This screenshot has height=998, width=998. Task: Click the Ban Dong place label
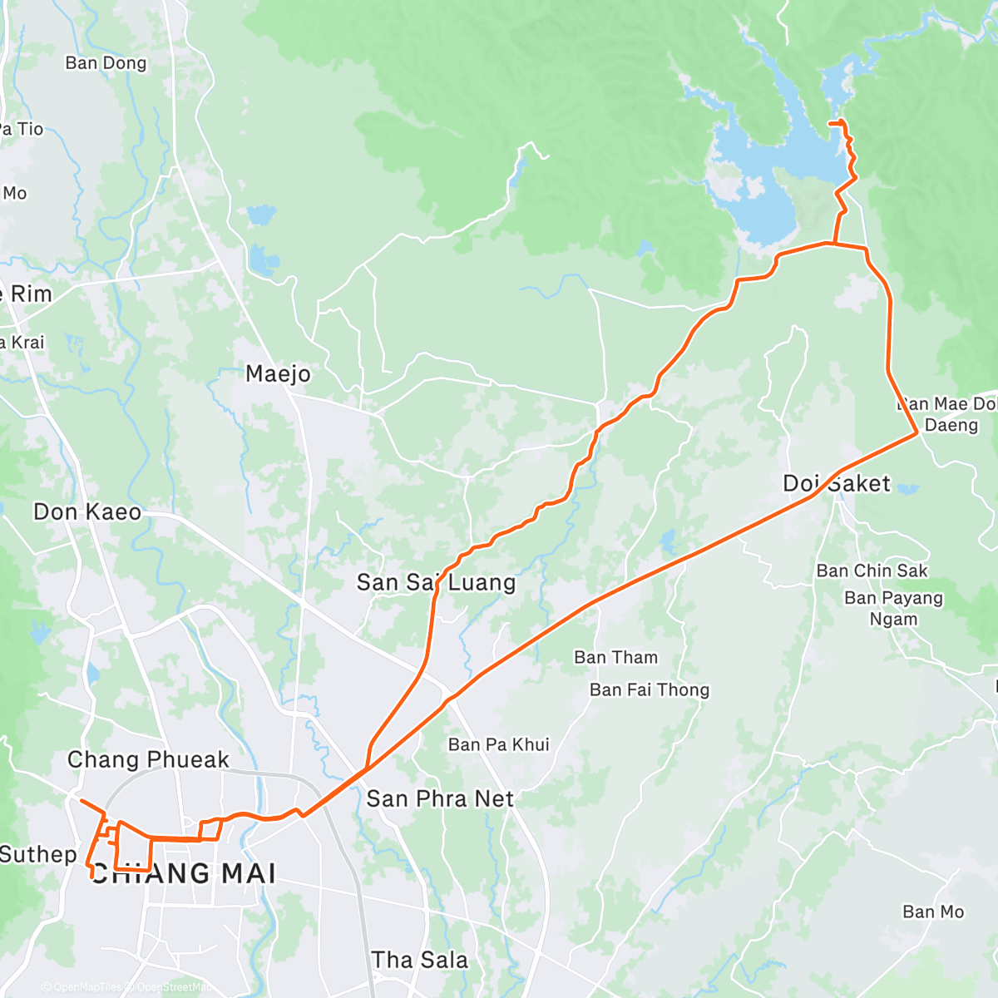[106, 63]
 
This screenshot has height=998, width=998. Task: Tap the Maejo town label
[278, 374]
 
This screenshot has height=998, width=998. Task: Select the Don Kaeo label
[87, 511]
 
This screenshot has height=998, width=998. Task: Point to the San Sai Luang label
[436, 582]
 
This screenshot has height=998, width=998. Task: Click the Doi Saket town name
[836, 483]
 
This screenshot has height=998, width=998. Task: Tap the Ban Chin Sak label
[872, 571]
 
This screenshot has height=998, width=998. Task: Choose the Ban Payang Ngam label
[893, 608]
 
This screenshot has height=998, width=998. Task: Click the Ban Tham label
[615, 657]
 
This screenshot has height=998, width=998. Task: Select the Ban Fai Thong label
[650, 689]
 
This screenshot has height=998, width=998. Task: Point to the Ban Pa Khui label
[498, 744]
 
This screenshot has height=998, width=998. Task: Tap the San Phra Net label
[440, 798]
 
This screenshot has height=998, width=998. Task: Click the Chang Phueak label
[148, 759]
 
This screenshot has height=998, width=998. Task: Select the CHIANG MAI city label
[183, 873]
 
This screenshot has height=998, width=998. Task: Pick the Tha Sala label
[419, 960]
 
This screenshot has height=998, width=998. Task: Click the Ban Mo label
[933, 912]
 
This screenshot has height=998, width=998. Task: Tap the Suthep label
[37, 854]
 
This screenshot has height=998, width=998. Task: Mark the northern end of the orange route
[831, 123]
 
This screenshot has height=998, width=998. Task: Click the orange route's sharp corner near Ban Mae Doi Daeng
[916, 432]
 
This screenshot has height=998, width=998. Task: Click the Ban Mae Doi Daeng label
[948, 414]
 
